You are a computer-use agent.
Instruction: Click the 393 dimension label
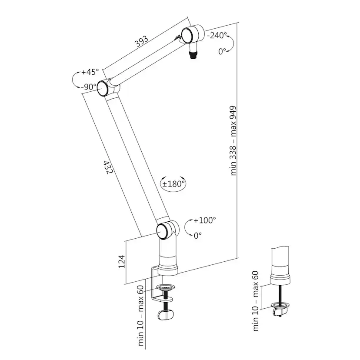click(141, 42)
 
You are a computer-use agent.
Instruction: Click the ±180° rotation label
click(174, 183)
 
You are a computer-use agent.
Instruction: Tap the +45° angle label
click(90, 71)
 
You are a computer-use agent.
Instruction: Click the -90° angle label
click(89, 87)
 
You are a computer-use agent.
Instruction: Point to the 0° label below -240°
click(222, 51)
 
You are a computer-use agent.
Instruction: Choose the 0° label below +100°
click(198, 235)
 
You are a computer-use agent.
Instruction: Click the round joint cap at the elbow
click(103, 88)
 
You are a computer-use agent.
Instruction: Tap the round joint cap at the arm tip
click(188, 35)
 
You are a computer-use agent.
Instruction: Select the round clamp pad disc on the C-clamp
click(165, 287)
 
